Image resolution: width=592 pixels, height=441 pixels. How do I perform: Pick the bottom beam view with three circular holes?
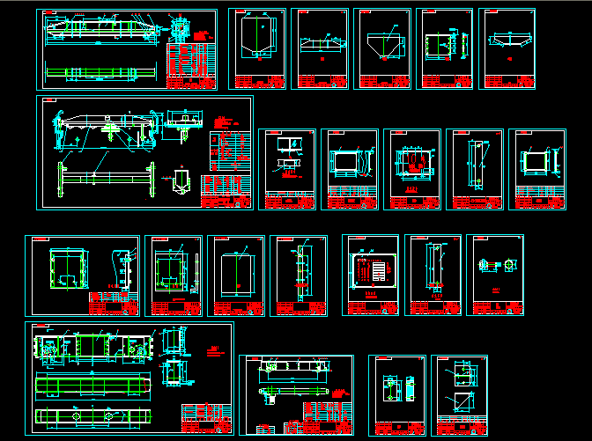[88, 415]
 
